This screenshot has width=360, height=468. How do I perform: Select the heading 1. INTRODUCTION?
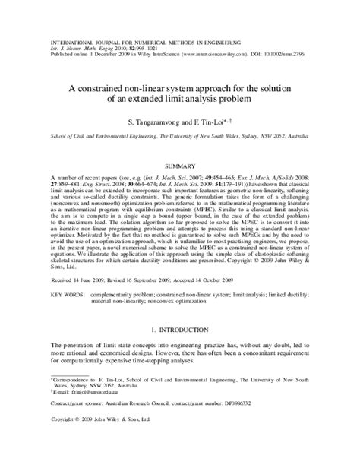tap(180, 330)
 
